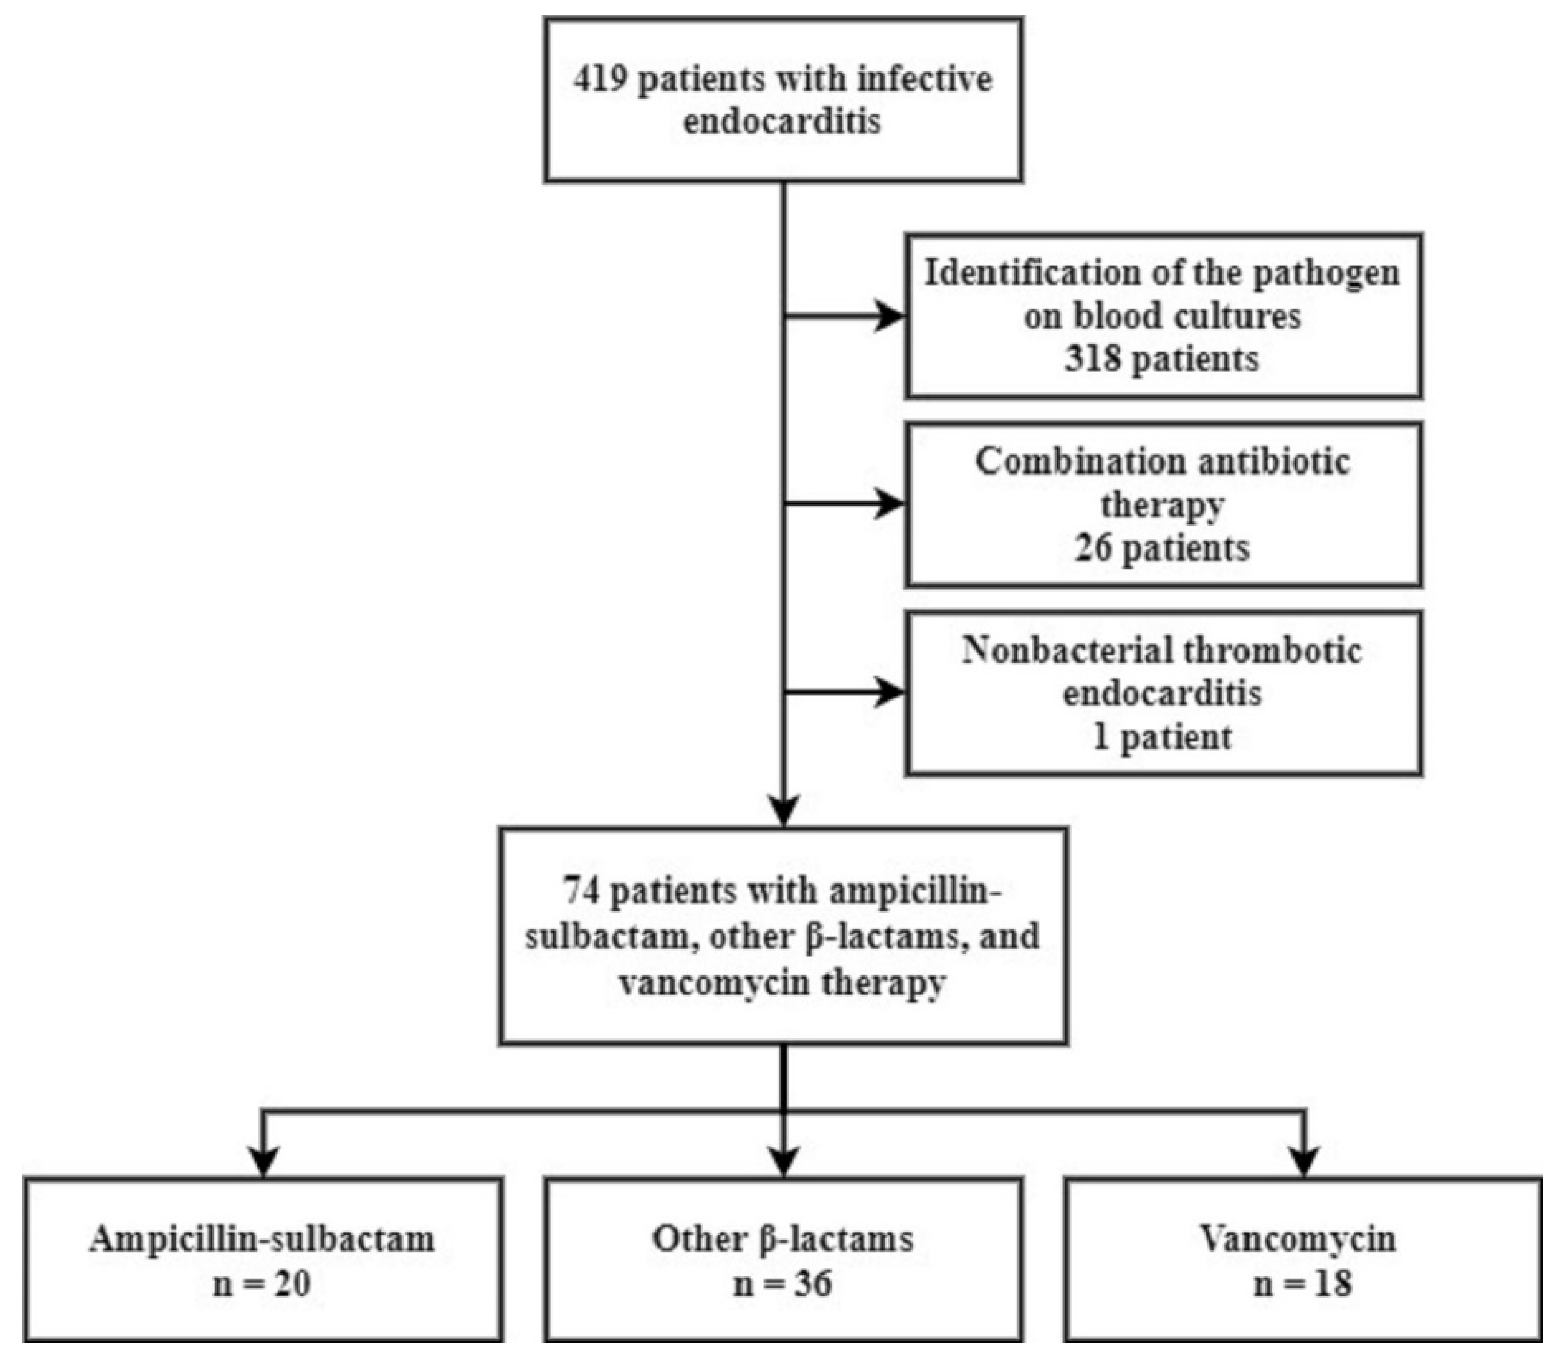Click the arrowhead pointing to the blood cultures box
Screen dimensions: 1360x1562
click(x=889, y=315)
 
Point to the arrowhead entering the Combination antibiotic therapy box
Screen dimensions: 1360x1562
click(x=889, y=503)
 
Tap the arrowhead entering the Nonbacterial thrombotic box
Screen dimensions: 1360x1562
click(x=889, y=692)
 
